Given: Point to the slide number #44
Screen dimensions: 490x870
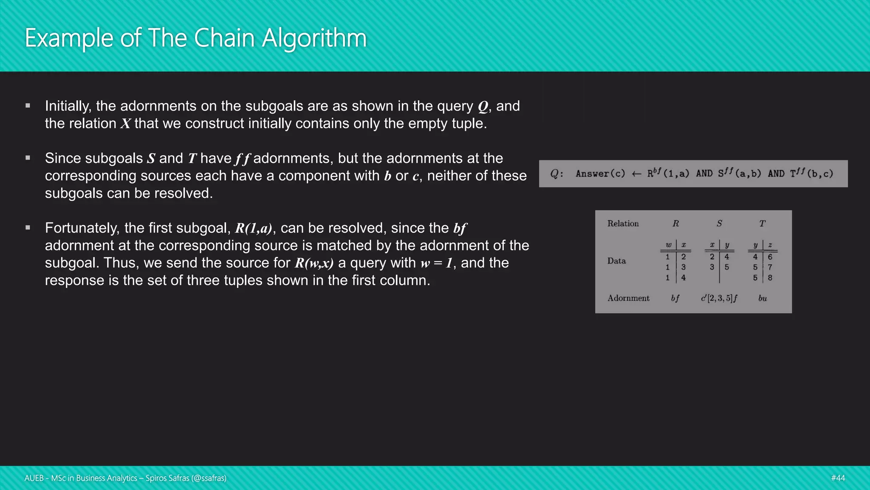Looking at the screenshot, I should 838,478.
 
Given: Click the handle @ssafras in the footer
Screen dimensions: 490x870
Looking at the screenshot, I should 209,478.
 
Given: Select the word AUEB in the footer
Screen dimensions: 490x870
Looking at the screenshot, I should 34,478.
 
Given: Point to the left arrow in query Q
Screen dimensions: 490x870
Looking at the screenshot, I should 636,174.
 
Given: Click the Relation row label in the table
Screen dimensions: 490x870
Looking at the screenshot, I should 623,224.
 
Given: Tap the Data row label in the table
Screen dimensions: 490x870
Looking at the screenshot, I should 616,261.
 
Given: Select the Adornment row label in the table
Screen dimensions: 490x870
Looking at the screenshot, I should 628,298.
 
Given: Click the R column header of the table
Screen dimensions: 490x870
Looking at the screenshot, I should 676,224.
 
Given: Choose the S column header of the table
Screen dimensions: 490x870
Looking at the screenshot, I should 719,224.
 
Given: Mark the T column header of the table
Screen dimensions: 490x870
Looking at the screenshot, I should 763,224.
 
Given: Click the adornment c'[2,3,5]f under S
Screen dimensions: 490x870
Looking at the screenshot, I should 719,298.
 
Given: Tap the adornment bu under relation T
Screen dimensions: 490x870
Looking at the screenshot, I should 763,298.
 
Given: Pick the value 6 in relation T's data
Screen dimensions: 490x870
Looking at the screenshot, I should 770,257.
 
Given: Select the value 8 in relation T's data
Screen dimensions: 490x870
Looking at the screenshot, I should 770,278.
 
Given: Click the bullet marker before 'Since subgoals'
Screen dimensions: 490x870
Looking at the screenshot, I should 28,158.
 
